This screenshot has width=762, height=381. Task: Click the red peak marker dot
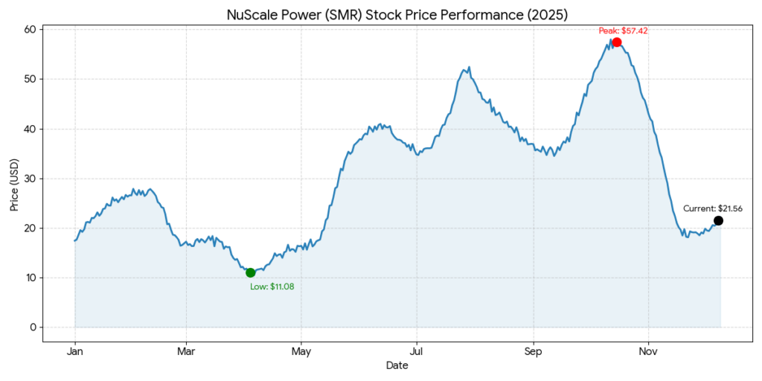617,42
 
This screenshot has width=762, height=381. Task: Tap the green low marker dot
250,272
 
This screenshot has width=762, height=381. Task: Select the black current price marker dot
718,220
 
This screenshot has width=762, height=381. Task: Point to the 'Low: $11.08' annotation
272,286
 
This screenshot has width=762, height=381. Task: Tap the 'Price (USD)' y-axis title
14,184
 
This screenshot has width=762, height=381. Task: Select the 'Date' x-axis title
397,365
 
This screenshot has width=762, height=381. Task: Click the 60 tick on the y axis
31,30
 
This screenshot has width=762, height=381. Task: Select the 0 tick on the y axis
33,327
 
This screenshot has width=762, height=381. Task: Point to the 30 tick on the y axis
31,179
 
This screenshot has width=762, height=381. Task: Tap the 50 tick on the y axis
31,80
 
